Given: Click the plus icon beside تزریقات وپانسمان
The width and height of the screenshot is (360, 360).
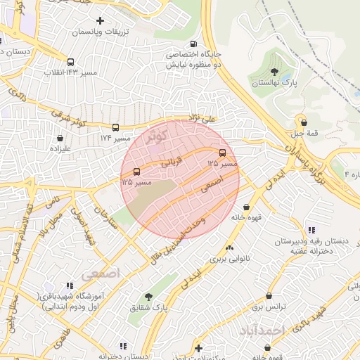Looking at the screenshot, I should [100, 20].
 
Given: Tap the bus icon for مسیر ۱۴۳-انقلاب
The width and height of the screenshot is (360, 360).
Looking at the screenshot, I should [70, 62].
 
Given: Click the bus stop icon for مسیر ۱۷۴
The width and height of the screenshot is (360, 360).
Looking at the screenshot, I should [115, 128].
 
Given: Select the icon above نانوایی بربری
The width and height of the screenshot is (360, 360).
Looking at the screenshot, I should [229, 247].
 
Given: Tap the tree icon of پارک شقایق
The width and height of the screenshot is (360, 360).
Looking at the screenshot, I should [148, 296].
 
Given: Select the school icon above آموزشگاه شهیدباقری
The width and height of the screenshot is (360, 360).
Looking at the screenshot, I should [69, 285].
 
